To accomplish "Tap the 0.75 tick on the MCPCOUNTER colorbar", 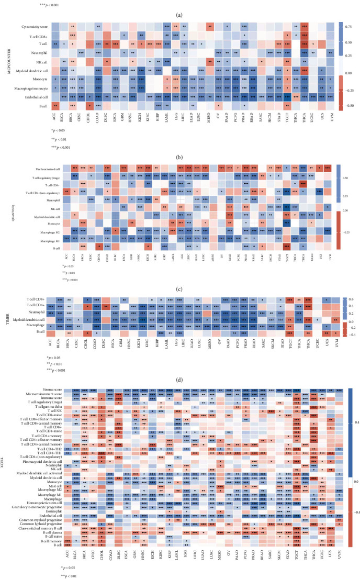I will coord(351,25).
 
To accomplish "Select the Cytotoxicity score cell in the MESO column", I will coord(210,26).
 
